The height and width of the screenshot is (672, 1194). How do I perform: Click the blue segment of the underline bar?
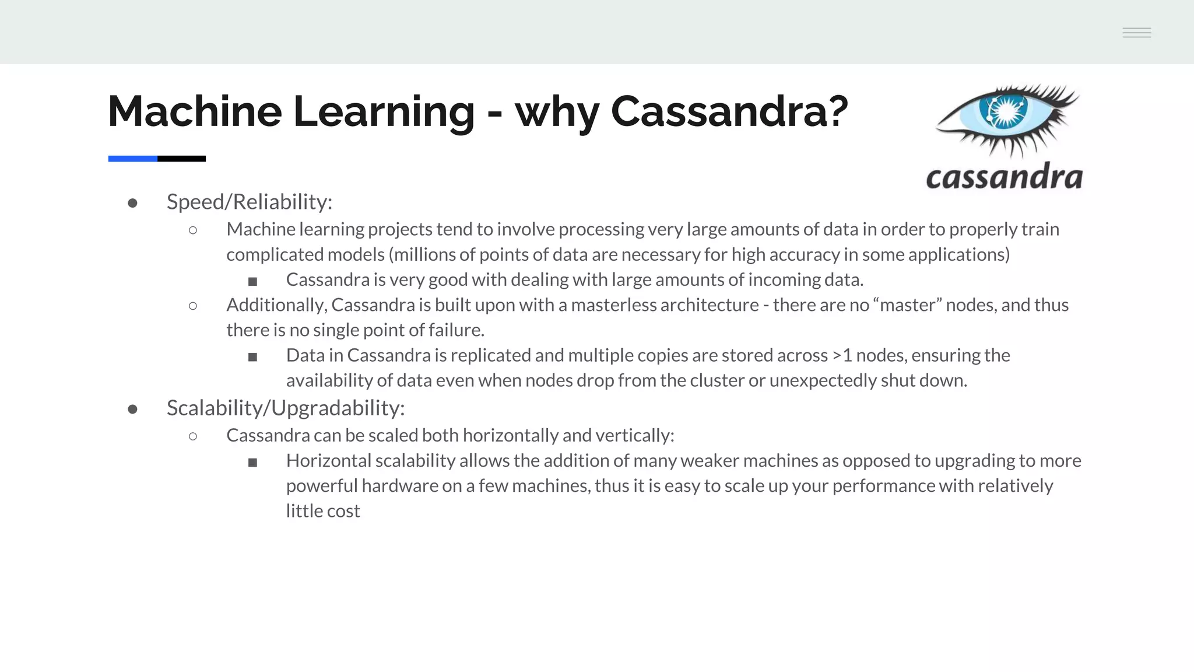coord(132,159)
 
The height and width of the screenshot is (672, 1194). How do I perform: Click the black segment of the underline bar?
coord(181,159)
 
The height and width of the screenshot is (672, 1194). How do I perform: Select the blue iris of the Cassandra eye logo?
coord(1005,111)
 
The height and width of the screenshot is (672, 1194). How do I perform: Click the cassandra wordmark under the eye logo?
coord(1004,177)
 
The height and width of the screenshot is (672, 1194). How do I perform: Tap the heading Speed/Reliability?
coord(250,202)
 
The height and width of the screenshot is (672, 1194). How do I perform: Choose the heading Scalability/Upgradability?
coord(286,408)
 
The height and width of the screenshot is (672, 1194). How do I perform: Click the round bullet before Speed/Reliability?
coord(132,203)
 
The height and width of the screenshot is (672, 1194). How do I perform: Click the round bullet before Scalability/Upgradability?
coord(132,409)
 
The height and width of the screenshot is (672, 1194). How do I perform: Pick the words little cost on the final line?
coord(323,511)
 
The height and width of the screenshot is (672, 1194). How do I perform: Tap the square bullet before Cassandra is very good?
coord(252,282)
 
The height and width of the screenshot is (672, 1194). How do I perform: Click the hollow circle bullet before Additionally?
coord(193,306)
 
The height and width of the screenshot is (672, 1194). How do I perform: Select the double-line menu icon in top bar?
coord(1136,33)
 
